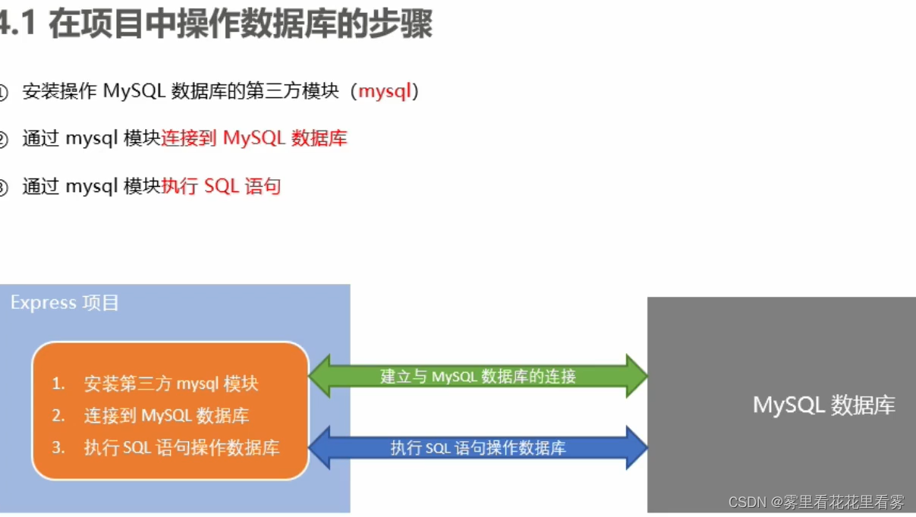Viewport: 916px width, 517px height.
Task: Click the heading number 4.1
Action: tap(17, 24)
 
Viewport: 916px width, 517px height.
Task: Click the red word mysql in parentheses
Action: tap(385, 92)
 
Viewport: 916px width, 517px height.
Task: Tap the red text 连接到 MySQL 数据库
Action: tap(254, 139)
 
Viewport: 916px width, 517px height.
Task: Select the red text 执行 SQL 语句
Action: tap(222, 186)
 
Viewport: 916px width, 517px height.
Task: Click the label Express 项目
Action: tap(65, 303)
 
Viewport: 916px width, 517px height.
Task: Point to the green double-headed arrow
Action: tap(478, 376)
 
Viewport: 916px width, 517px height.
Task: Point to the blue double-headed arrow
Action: tap(478, 448)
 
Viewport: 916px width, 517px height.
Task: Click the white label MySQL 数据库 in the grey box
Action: tap(823, 405)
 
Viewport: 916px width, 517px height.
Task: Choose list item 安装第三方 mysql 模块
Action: tap(171, 384)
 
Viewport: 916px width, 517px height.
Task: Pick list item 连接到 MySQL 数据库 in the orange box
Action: tap(166, 416)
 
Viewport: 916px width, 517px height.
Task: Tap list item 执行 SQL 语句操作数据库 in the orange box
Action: tap(181, 448)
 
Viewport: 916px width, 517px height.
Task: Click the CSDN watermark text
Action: tap(817, 503)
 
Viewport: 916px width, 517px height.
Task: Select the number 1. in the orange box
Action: tap(58, 384)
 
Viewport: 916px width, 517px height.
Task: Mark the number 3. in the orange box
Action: tap(58, 448)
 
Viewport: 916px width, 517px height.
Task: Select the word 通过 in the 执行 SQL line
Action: tap(40, 186)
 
